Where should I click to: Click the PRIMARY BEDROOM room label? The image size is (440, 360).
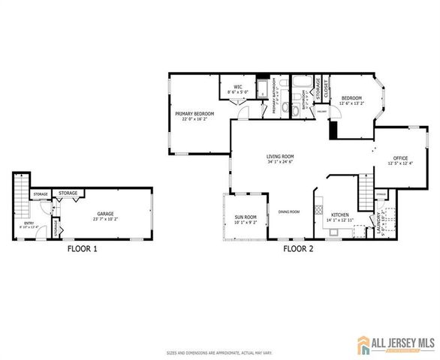tap(194, 114)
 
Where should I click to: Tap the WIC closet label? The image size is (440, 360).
tap(238, 86)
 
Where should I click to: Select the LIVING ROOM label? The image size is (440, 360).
tap(279, 157)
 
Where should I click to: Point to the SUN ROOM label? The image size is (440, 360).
tap(246, 217)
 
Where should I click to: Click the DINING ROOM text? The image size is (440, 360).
tap(289, 211)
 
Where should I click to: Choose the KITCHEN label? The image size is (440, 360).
tap(339, 214)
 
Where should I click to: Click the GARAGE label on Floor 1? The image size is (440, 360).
tap(104, 213)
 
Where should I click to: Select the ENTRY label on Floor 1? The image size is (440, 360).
tap(29, 223)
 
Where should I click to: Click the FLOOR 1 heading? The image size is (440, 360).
tap(82, 248)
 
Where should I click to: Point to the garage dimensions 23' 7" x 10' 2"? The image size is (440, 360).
tap(104, 219)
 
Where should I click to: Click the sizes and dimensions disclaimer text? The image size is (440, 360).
tap(219, 351)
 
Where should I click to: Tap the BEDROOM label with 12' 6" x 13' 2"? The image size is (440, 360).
tap(351, 97)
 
